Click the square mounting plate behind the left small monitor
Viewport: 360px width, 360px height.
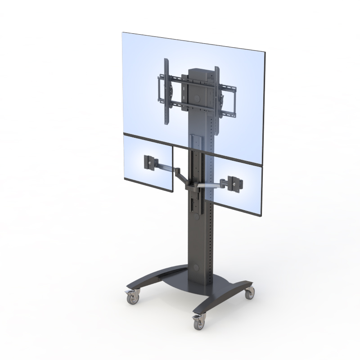148,162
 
